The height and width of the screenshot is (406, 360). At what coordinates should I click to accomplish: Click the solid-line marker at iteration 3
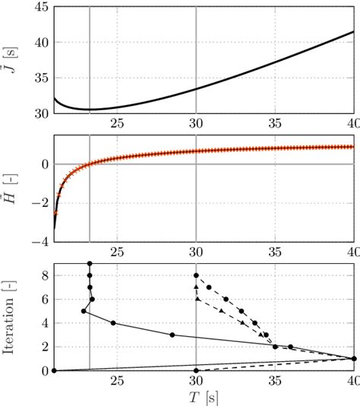[172, 335]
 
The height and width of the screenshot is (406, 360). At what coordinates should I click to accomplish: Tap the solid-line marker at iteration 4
[113, 323]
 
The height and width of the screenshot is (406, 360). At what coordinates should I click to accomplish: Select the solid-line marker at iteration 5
[84, 311]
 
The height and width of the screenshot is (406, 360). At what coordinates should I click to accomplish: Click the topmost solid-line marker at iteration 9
[90, 263]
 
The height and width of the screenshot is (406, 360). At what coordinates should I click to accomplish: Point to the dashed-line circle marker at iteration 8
[196, 275]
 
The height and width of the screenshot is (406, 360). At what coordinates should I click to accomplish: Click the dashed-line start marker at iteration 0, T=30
[196, 371]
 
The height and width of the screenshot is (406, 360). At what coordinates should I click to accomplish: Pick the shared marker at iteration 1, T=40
[354, 359]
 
